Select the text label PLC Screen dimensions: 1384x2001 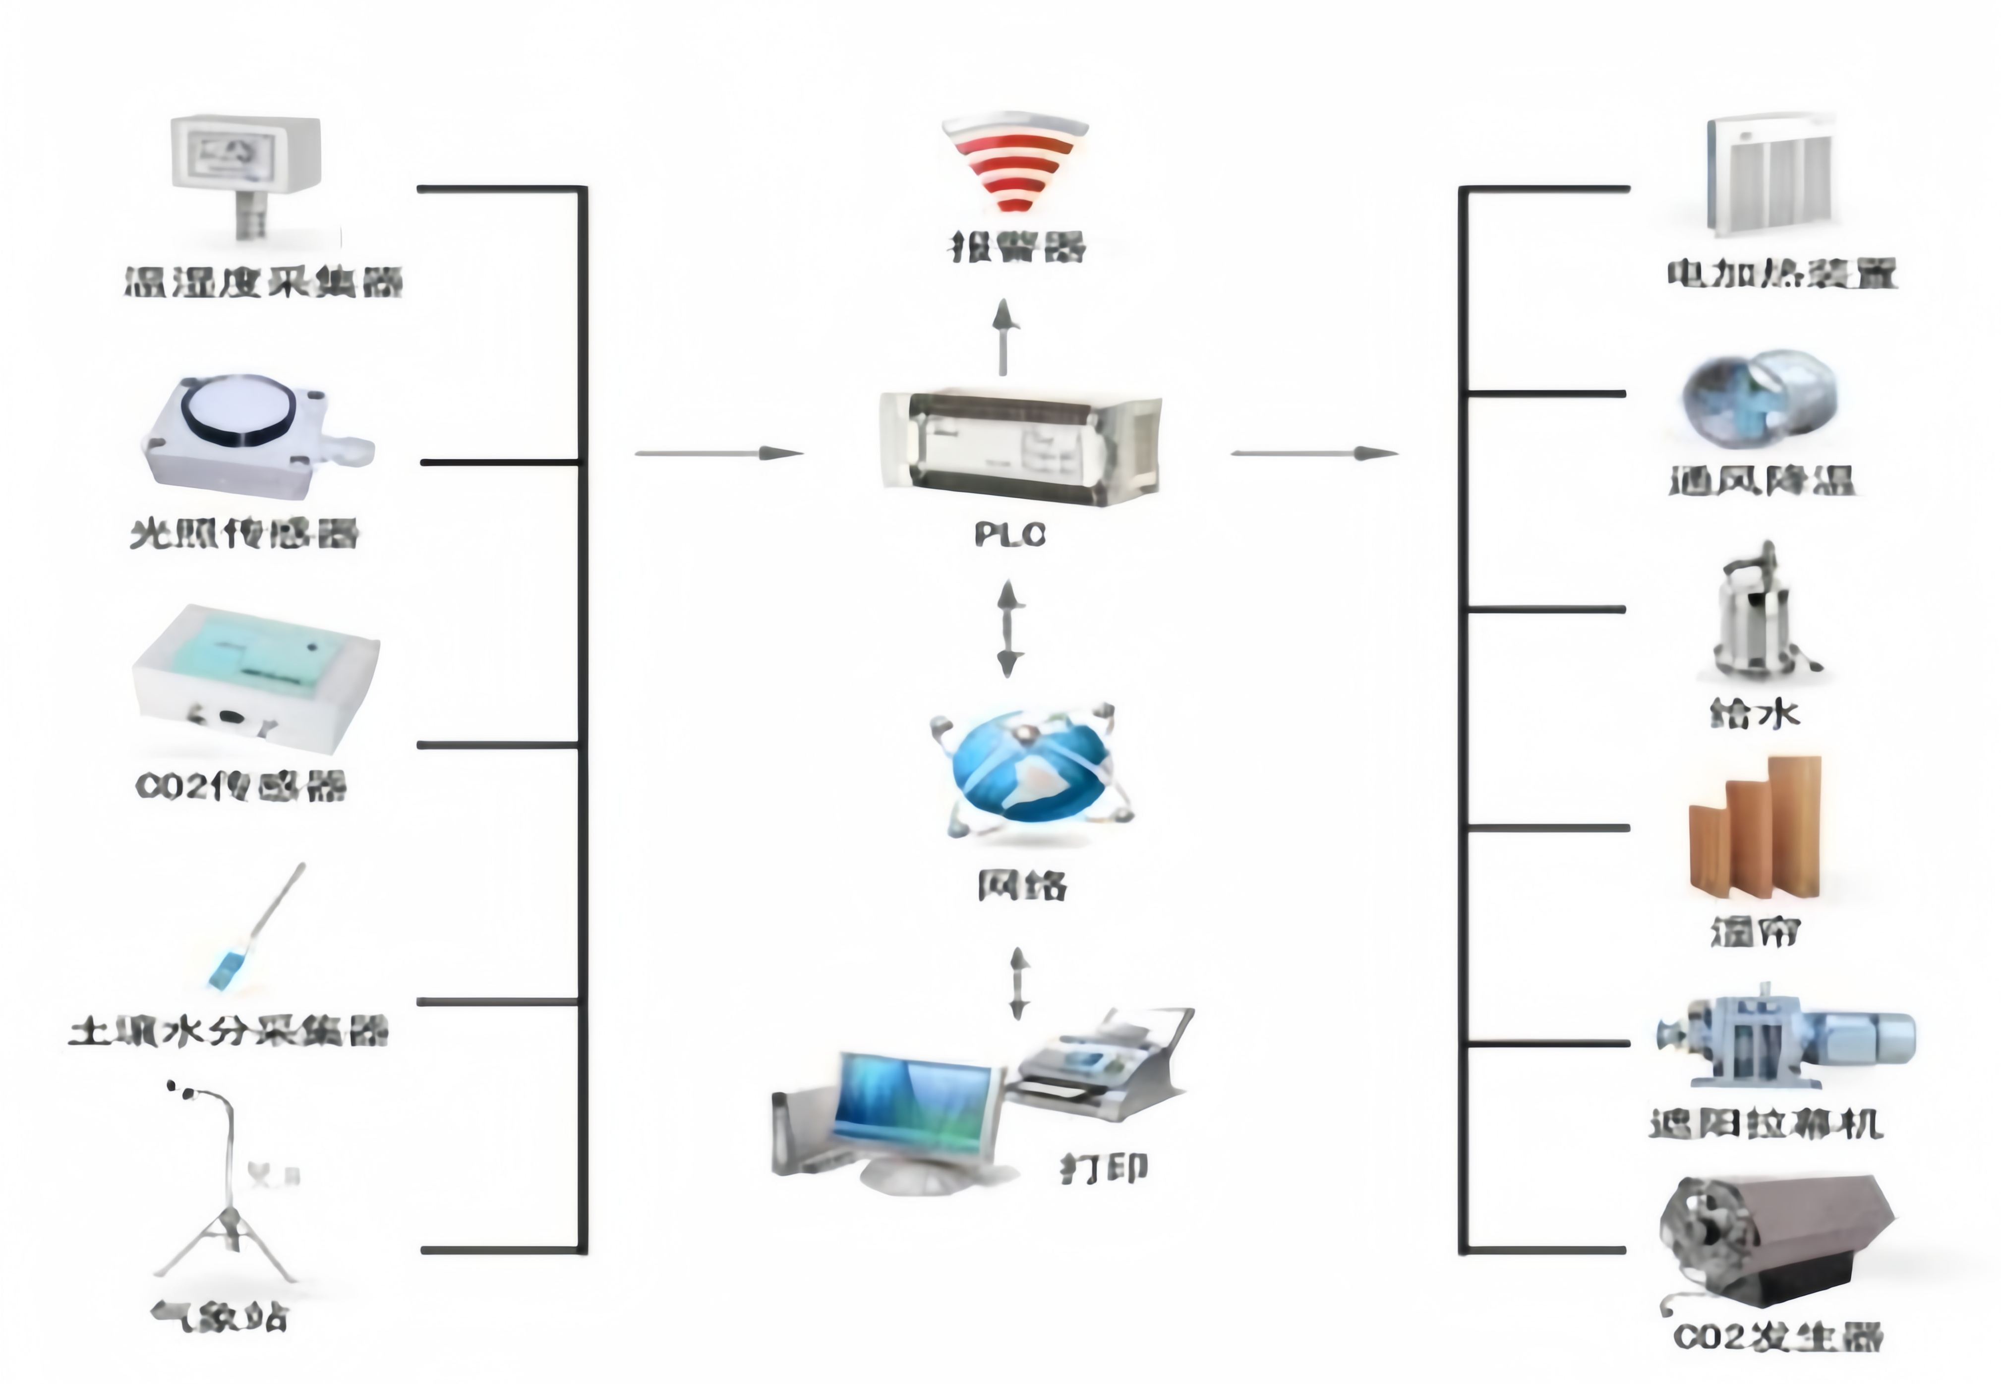pos(1010,534)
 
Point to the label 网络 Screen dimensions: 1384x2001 pos(1022,884)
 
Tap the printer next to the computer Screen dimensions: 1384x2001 pos(1102,1067)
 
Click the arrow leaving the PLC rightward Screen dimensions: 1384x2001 pos(1314,453)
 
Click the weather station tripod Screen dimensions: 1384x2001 pos(227,1223)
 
